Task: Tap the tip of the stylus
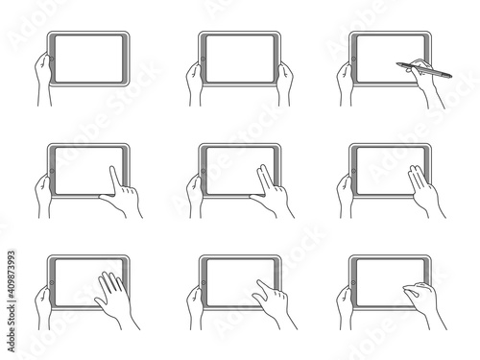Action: [x=397, y=65]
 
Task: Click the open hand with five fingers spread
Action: [x=112, y=296]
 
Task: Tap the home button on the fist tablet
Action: [x=353, y=285]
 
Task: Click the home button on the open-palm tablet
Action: [x=52, y=285]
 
